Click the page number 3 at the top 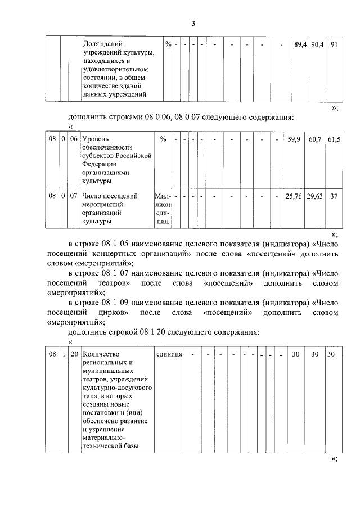(x=193, y=23)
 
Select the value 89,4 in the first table (x=300, y=44)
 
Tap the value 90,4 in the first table (x=317, y=44)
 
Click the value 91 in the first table (x=334, y=44)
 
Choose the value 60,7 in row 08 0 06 (x=315, y=138)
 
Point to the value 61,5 (x=334, y=138)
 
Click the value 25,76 (x=294, y=196)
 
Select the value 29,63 (x=315, y=196)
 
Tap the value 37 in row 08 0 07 (x=334, y=196)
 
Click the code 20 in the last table (x=74, y=354)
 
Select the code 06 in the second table (x=74, y=138)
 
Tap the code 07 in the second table (x=74, y=196)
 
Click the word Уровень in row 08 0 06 (x=96, y=138)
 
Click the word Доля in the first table (x=92, y=44)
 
